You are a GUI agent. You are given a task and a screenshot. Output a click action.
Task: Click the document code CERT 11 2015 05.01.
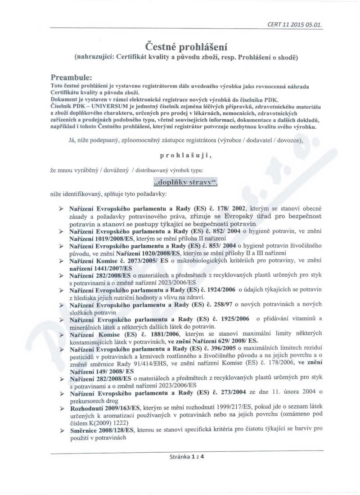click(x=301, y=25)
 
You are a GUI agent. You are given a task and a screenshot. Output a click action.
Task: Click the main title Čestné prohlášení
click(x=186, y=46)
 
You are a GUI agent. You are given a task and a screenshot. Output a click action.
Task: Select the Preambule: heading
click(x=71, y=77)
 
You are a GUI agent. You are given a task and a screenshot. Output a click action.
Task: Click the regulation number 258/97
click(x=225, y=305)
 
